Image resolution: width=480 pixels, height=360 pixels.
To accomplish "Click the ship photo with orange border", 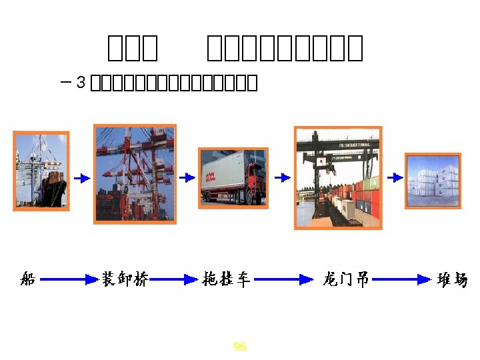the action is click(41, 171).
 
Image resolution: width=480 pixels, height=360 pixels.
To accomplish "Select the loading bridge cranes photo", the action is click(135, 173).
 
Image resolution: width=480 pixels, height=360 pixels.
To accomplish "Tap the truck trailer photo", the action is click(233, 178).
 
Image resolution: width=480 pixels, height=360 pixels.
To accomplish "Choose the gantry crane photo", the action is click(338, 177).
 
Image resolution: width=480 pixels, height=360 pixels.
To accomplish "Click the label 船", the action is click(28, 279).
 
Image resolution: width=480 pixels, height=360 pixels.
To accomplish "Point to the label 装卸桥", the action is click(125, 279).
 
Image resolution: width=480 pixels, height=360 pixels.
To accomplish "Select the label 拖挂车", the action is click(226, 279).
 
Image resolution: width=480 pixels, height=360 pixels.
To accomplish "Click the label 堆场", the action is click(453, 279).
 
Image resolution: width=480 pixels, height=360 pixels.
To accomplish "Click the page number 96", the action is click(240, 347).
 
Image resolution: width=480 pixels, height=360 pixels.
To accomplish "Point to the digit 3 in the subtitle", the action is click(81, 83).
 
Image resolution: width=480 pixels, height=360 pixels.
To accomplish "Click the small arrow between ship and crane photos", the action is click(81, 178).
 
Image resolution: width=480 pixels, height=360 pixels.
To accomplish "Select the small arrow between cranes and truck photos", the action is click(187, 178).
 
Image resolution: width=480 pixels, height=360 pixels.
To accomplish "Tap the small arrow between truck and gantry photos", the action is click(283, 177).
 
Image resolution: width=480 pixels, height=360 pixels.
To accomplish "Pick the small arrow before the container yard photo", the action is click(395, 177).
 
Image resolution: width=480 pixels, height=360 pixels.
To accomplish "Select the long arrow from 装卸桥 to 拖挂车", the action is click(174, 280).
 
